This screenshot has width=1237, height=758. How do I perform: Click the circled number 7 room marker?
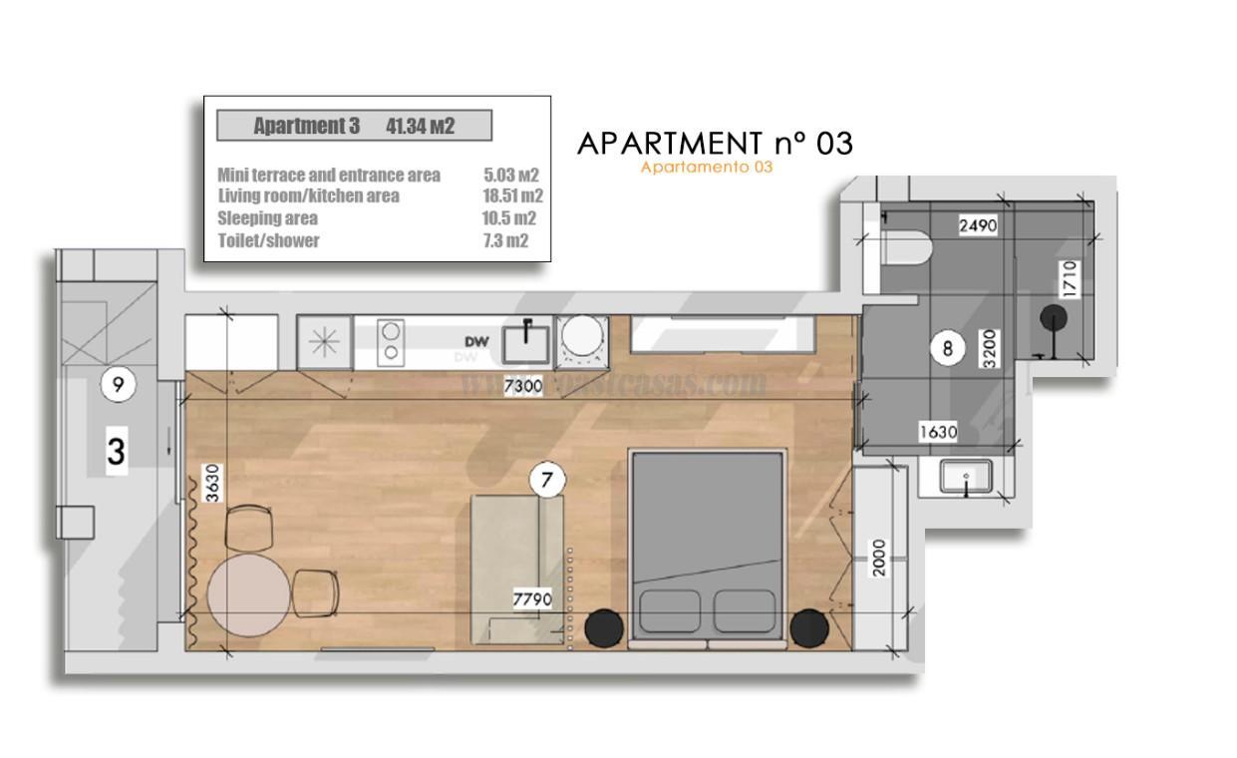[546, 481]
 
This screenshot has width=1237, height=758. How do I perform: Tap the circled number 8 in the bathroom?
[947, 348]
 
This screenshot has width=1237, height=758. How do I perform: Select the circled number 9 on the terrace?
[119, 385]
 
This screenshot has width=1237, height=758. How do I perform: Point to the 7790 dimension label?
[532, 599]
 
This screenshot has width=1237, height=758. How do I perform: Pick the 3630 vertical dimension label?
[211, 482]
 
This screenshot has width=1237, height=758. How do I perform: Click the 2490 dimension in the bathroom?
[977, 225]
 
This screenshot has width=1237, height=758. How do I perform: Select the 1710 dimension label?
[1068, 281]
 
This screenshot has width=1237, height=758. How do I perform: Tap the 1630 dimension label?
[937, 432]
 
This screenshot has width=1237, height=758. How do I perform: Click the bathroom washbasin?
[965, 477]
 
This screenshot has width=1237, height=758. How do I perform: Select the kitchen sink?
[525, 341]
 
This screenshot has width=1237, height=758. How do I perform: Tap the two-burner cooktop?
[391, 340]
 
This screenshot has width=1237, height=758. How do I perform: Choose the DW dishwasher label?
[475, 342]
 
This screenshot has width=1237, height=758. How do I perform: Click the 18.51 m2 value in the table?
[511, 195]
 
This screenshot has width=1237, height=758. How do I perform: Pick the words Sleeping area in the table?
[267, 218]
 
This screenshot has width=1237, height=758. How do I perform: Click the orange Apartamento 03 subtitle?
[706, 168]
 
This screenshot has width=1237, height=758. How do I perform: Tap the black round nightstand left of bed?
[603, 626]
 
